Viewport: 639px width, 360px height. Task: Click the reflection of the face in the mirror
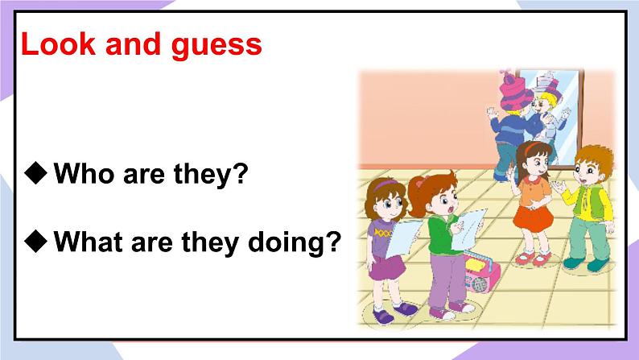[x=546, y=106]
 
